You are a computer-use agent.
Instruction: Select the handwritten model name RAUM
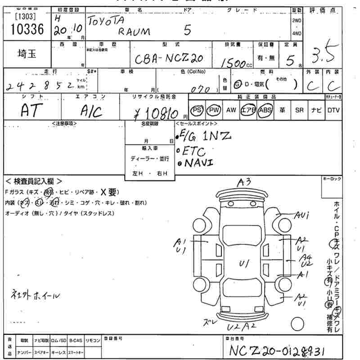(135, 31)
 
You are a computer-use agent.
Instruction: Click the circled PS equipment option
(197, 110)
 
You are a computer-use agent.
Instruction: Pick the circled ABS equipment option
(265, 110)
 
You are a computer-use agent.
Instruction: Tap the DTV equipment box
(333, 110)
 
